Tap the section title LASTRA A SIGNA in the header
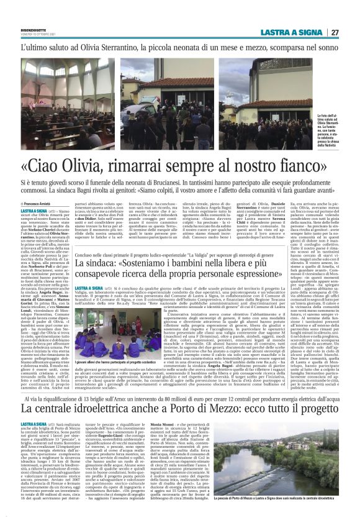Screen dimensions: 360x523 coord(302,32)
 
